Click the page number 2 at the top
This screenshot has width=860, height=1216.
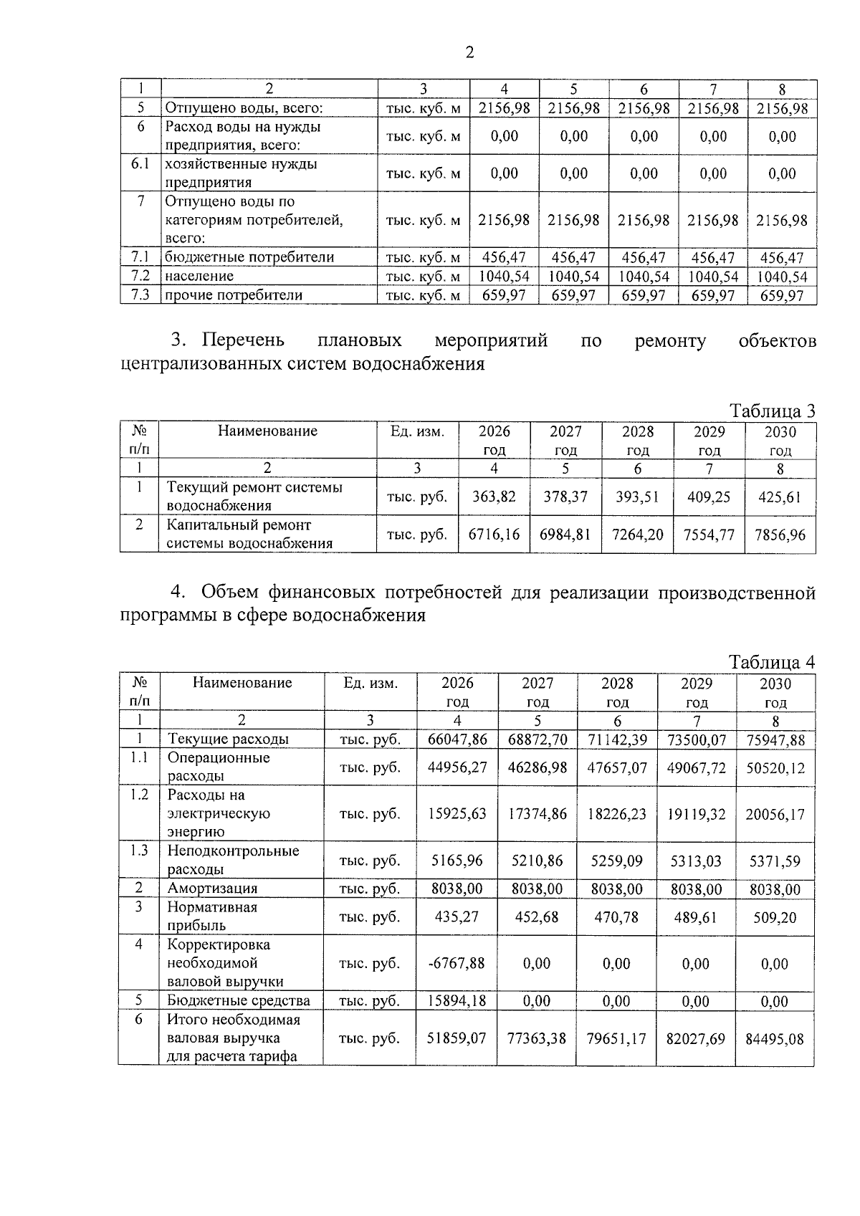pos(469,52)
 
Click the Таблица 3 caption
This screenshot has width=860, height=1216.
pos(772,411)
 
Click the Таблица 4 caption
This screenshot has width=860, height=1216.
pos(772,661)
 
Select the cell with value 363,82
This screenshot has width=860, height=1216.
pos(494,497)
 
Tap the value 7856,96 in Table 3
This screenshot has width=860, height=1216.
pos(780,535)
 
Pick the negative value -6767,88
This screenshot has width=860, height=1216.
pos(457,963)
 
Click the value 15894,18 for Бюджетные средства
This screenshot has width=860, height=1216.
pos(457,1001)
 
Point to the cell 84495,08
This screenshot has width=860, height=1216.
pos(775,1038)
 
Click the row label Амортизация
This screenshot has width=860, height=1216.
pos(212,889)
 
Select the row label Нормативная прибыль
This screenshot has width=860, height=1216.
pos(212,916)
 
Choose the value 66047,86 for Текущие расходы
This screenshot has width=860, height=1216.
pos(457,739)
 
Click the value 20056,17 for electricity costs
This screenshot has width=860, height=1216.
pos(775,814)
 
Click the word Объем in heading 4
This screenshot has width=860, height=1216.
pos(230,593)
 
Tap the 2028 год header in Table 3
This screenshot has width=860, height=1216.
pos(637,440)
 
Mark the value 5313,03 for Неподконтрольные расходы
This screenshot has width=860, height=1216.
pos(696,861)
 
